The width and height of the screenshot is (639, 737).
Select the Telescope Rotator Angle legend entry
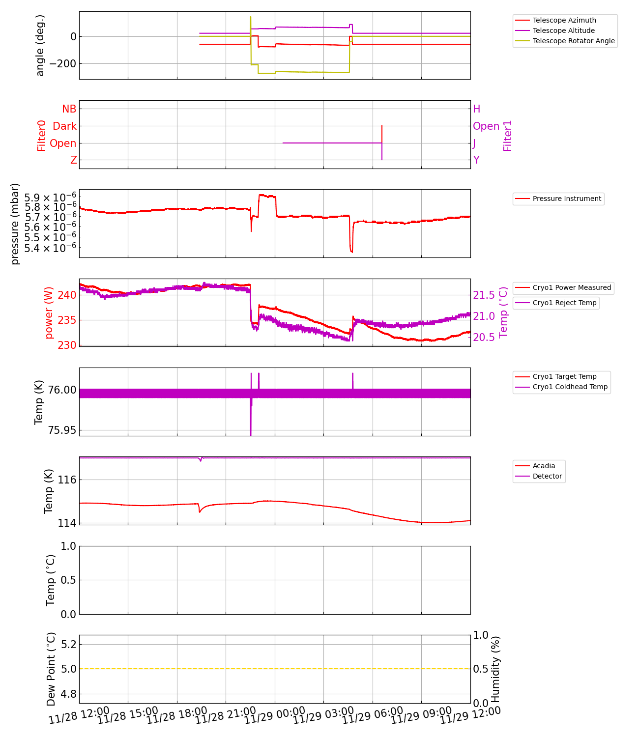pos(574,41)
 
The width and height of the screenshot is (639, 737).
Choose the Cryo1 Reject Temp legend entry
pos(564,303)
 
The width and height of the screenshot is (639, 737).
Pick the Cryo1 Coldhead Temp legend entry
pos(570,387)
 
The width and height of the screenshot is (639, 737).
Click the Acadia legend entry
pos(544,466)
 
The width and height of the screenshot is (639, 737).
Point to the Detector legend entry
pos(547,476)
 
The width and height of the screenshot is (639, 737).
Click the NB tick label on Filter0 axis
pos(69,109)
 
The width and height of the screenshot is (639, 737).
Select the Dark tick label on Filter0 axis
pos(64,126)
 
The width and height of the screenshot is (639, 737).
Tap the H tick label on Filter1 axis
pos(476,109)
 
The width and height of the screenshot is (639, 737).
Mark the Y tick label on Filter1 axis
pos(476,160)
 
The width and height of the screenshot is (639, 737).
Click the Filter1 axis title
pos(508,136)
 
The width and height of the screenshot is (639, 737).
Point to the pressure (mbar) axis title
pos(15,224)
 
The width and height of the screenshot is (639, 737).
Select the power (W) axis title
pos(49,312)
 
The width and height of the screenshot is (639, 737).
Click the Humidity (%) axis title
pos(495,669)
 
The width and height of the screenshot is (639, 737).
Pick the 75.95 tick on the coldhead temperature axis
pos(62,430)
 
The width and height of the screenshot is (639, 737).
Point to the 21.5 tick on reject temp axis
pos(484,295)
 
